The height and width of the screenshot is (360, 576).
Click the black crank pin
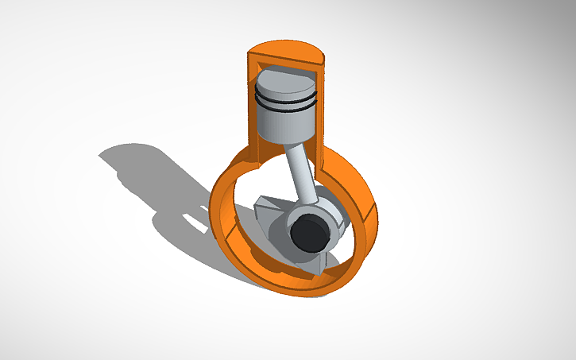[308, 234]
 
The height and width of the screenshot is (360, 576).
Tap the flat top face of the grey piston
[287, 83]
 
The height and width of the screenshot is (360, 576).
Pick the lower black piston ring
[286, 108]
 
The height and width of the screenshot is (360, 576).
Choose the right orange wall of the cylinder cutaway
[322, 111]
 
